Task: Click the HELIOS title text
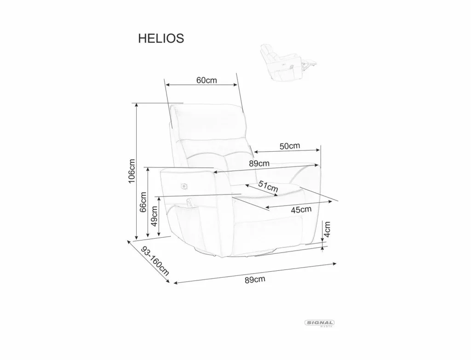pyautogui.click(x=161, y=39)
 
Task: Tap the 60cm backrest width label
pyautogui.click(x=207, y=80)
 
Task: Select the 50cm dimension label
pyautogui.click(x=290, y=146)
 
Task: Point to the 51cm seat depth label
pyautogui.click(x=268, y=186)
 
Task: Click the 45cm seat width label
pyautogui.click(x=301, y=209)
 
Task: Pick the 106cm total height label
pyautogui.click(x=132, y=171)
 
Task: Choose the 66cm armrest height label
pyautogui.click(x=144, y=202)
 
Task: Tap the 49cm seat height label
pyautogui.click(x=154, y=216)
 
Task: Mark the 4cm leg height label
pyautogui.click(x=327, y=229)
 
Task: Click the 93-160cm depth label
pyautogui.click(x=155, y=261)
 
